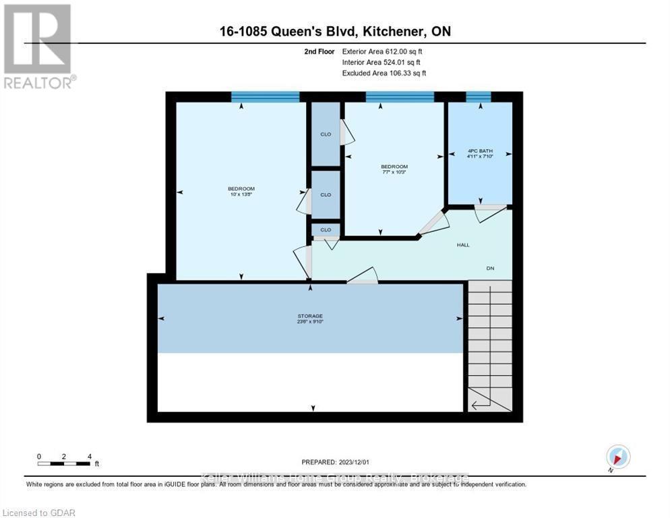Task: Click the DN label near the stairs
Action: [x=491, y=268]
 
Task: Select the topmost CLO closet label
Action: [x=326, y=134]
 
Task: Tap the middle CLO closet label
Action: [x=326, y=195]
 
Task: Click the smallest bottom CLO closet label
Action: [x=326, y=229]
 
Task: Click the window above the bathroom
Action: [x=479, y=96]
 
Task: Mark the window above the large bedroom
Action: [x=265, y=96]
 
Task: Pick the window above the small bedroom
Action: [x=400, y=96]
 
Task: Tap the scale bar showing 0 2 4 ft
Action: [x=64, y=463]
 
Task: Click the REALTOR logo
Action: [x=38, y=47]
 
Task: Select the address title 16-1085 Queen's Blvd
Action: [x=334, y=31]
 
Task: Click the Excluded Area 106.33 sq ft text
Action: [x=384, y=73]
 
